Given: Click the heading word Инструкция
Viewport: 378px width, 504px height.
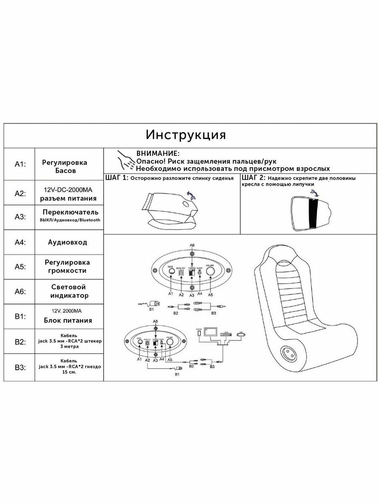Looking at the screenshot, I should click(186, 135).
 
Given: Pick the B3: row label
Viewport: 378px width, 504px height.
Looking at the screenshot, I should click(20, 367).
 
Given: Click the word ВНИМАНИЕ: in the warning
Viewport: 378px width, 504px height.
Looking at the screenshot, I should click(157, 154).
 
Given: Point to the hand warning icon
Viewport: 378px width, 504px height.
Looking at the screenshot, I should click(125, 159).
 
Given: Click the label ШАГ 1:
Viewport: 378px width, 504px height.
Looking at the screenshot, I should click(116, 178).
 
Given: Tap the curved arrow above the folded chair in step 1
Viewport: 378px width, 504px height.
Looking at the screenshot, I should click(191, 194).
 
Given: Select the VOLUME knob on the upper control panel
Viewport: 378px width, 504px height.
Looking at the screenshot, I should click(210, 272).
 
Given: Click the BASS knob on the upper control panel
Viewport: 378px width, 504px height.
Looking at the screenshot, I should click(171, 272).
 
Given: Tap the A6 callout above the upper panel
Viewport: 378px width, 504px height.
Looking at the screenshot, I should click(192, 244).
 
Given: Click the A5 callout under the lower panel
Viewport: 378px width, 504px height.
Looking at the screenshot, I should click(170, 360).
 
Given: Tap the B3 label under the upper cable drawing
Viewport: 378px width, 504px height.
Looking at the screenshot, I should click(213, 313).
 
